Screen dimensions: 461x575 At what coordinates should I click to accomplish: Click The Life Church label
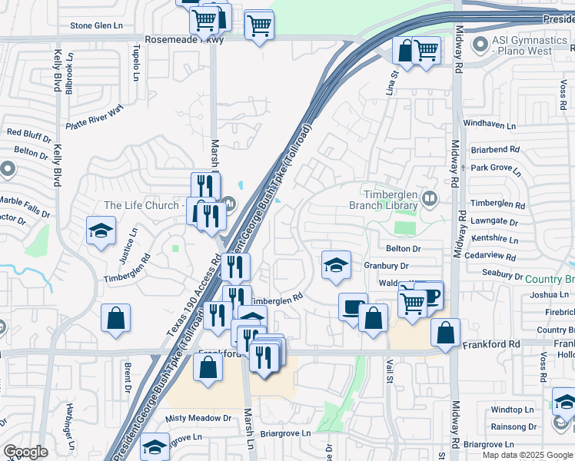[141, 205]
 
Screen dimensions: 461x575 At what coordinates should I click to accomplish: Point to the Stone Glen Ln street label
[97, 25]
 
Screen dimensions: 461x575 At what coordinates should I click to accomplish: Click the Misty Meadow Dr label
[198, 418]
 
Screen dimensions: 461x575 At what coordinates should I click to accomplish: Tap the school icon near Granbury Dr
[336, 266]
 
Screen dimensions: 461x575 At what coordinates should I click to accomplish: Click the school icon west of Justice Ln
[101, 231]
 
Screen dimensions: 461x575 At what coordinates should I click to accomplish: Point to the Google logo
[25, 452]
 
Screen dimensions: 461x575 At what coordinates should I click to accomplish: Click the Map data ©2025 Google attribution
[527, 455]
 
